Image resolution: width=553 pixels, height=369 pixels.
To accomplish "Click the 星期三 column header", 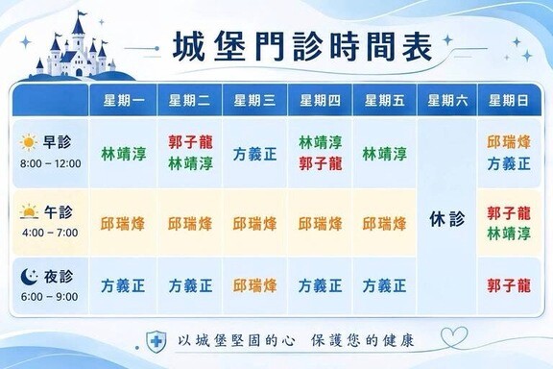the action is tap(254, 101).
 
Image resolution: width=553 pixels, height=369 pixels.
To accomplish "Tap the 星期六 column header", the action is tap(447, 101).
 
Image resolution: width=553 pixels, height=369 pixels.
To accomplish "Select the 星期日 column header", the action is tap(509, 101).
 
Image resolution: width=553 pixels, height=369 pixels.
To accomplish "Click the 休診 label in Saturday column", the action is tap(447, 219).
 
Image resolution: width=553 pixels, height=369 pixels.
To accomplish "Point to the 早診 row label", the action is tap(57, 142).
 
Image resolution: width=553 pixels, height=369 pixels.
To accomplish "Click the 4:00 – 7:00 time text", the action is tap(50, 233).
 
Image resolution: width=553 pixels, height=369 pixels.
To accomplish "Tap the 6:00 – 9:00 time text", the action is tap(49, 297).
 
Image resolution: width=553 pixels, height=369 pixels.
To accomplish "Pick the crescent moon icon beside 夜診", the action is tap(29, 277).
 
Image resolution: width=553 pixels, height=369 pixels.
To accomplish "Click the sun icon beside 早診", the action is tap(29, 142).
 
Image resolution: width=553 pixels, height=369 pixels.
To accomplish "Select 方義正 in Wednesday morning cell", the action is tap(254, 155).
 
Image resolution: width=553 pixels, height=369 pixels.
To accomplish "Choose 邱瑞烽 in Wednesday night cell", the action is tap(254, 285).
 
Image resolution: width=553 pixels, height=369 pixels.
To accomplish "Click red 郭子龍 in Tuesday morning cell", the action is tap(190, 142).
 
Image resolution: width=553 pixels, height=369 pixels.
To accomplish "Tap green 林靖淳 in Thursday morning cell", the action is tap(321, 142).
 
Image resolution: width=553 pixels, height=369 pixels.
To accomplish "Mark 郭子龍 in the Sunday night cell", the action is tap(509, 285).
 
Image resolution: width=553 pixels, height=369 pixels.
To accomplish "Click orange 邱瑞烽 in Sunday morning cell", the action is tap(509, 142).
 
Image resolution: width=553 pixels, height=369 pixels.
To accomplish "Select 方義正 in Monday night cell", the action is tap(123, 285).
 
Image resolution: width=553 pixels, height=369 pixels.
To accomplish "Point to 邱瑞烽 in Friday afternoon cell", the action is tap(384, 224).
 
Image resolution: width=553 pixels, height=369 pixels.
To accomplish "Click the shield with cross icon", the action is tap(156, 341).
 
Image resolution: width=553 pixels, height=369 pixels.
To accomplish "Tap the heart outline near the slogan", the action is tap(454, 336).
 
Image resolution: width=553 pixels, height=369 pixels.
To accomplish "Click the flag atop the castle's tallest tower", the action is tap(83, 14).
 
